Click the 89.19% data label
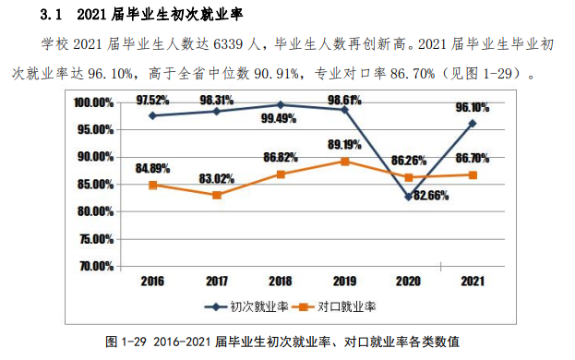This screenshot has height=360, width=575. tap(344, 145)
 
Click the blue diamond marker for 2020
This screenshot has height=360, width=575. tap(409, 196)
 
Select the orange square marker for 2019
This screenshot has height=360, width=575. tap(344, 161)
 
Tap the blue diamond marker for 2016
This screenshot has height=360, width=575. tap(152, 115)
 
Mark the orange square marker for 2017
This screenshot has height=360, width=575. tap(217, 195)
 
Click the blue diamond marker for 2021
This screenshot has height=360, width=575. tap(473, 123)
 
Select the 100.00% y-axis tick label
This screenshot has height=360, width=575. tap(93, 102)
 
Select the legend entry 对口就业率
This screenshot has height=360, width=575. tap(347, 305)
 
